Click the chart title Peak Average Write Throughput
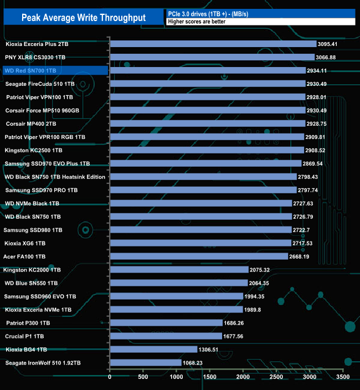84,18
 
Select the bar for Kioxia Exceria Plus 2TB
213,44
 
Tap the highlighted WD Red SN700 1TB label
30,70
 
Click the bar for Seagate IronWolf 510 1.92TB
146,363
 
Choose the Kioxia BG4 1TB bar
153,350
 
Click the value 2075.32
263,270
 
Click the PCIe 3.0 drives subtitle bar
260,13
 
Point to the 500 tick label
143,377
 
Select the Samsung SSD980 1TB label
33,230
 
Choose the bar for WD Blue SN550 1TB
179,283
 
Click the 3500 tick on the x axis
343,377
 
